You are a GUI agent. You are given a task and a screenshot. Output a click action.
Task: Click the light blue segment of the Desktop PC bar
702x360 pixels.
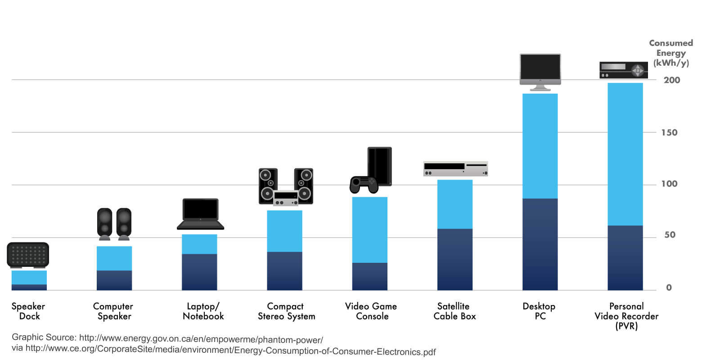pyautogui.click(x=540, y=146)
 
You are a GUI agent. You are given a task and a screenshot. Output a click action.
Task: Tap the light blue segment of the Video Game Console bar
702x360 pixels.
pyautogui.click(x=369, y=229)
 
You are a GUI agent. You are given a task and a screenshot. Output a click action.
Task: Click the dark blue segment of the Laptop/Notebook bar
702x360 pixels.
pyautogui.click(x=199, y=272)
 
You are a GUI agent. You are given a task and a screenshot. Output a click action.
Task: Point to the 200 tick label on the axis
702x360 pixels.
pyautogui.click(x=671, y=80)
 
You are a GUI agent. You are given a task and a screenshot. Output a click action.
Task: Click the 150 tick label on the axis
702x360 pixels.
pyautogui.click(x=669, y=133)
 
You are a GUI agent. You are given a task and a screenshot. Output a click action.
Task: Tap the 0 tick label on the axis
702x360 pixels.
pyautogui.click(x=669, y=288)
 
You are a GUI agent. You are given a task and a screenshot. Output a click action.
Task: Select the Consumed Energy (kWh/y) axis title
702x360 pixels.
pyautogui.click(x=671, y=53)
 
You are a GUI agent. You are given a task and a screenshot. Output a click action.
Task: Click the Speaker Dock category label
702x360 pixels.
pyautogui.click(x=28, y=311)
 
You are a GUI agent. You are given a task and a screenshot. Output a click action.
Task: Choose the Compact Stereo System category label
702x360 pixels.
pyautogui.click(x=286, y=311)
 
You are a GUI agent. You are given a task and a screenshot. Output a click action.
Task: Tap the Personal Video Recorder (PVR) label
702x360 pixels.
pyautogui.click(x=626, y=316)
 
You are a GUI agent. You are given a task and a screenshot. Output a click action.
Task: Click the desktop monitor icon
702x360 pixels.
pyautogui.click(x=540, y=69)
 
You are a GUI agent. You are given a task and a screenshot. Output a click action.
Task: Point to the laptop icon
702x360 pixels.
pyautogui.click(x=200, y=214)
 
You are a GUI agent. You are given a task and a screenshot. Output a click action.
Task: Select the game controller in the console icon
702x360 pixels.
pyautogui.click(x=364, y=184)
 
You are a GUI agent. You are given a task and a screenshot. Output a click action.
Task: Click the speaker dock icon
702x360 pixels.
pyautogui.click(x=28, y=255)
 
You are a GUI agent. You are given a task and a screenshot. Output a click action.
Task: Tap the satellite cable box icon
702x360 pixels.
pyautogui.click(x=455, y=168)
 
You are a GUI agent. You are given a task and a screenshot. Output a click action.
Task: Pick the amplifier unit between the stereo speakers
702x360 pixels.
pyautogui.click(x=286, y=198)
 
